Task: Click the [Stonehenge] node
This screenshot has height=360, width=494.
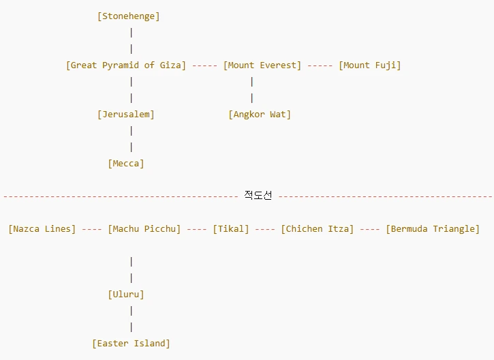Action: pos(129,16)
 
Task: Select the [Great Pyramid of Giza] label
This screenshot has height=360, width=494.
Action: pos(126,65)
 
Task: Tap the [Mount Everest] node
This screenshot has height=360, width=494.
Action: pos(262,65)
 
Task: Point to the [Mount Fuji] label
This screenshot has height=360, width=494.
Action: pos(370,65)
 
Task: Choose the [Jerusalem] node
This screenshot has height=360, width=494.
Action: pos(126,115)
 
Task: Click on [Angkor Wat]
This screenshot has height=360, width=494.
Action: pos(260,115)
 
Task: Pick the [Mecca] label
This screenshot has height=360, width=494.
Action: pos(126,164)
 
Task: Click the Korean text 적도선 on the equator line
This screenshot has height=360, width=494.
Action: pos(258,196)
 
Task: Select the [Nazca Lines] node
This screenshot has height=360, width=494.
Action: pos(42,229)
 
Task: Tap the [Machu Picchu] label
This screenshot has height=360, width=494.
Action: pos(144,229)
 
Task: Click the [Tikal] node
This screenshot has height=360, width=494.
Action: pos(231,229)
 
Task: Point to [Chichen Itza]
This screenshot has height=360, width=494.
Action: pos(318,229)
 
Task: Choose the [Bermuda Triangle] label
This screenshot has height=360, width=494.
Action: pos(433,229)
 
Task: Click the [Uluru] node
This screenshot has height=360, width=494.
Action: pos(126,295)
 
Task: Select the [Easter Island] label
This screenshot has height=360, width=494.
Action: pos(131,344)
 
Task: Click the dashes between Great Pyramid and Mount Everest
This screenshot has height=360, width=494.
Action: pos(204,65)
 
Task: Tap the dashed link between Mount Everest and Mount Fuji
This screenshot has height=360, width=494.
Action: pos(320,65)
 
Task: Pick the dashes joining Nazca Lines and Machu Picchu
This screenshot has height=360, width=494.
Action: pos(92,229)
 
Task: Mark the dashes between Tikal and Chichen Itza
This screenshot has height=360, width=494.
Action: pos(265,229)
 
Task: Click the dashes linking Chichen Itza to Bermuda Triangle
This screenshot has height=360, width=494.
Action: pos(370,229)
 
